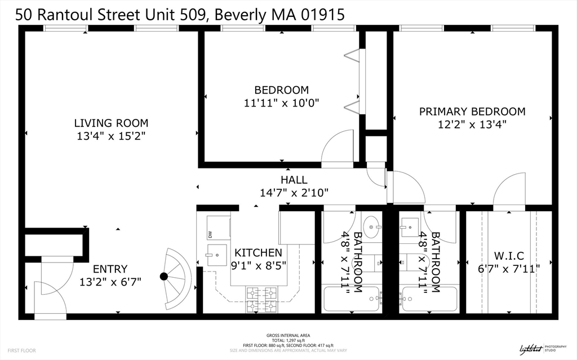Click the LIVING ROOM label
[x=111, y=123]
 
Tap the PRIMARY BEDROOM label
[x=472, y=112]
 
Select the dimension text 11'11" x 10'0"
[x=281, y=103]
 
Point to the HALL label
[x=294, y=180]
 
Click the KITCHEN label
[x=258, y=252]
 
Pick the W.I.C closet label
[x=508, y=255]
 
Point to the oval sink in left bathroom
[x=371, y=228]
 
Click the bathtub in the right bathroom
[x=429, y=299]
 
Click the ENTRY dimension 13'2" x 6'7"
[x=110, y=282]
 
